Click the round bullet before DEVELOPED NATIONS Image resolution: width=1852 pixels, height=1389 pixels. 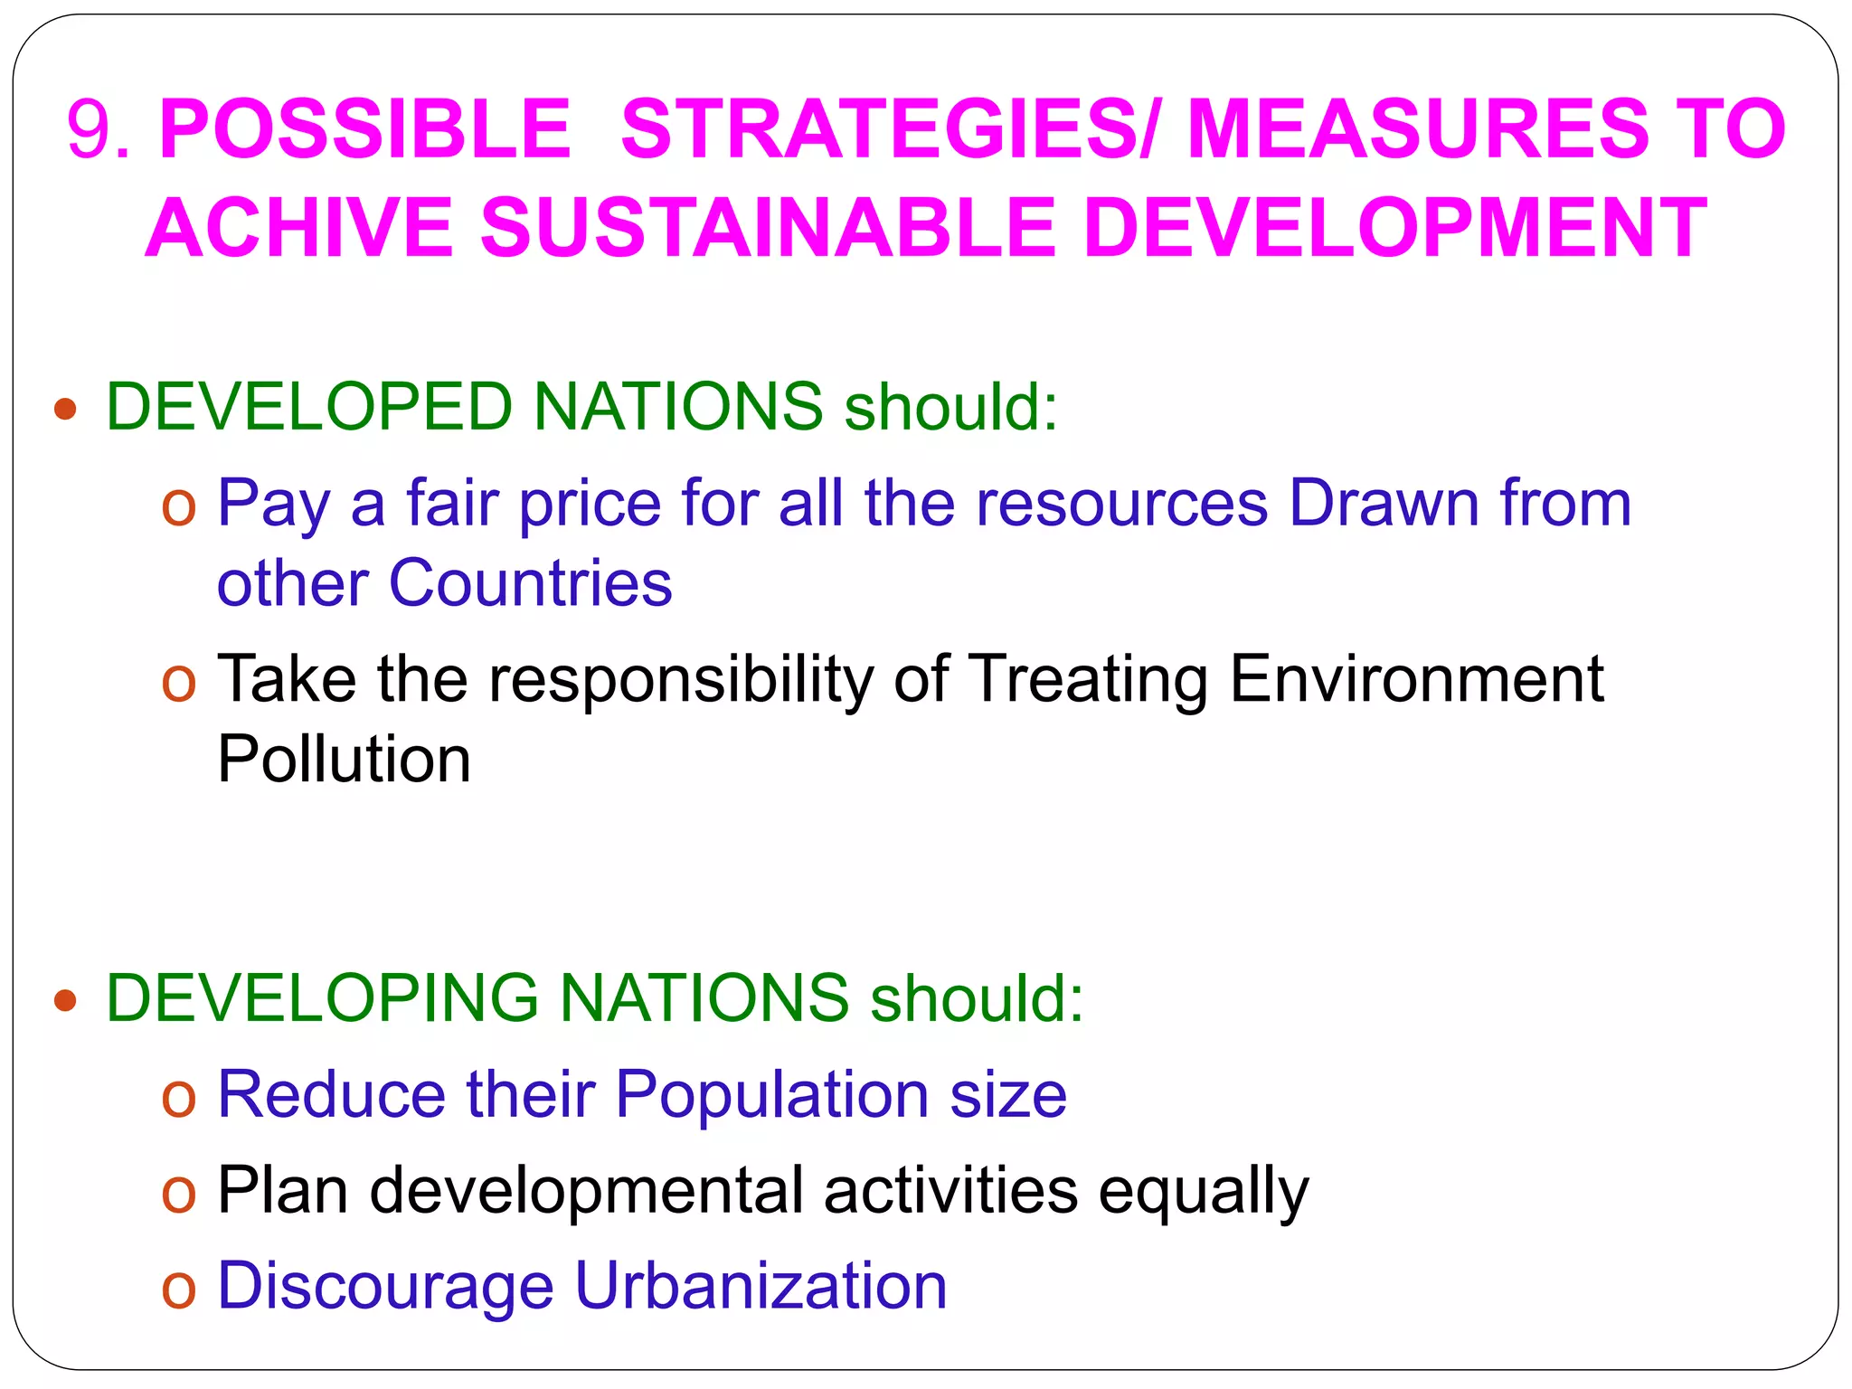point(65,410)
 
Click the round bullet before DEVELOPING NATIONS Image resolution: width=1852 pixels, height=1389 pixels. point(65,1001)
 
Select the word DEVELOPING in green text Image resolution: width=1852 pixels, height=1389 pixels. point(322,998)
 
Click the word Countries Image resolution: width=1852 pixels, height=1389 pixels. point(531,583)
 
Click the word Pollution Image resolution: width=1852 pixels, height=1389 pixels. point(344,759)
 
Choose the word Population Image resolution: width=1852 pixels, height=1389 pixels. point(771,1094)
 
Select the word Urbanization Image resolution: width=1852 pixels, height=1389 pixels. point(761,1286)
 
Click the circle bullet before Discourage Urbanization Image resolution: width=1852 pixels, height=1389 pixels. point(178,1290)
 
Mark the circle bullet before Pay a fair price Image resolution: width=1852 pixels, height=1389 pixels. point(178,506)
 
